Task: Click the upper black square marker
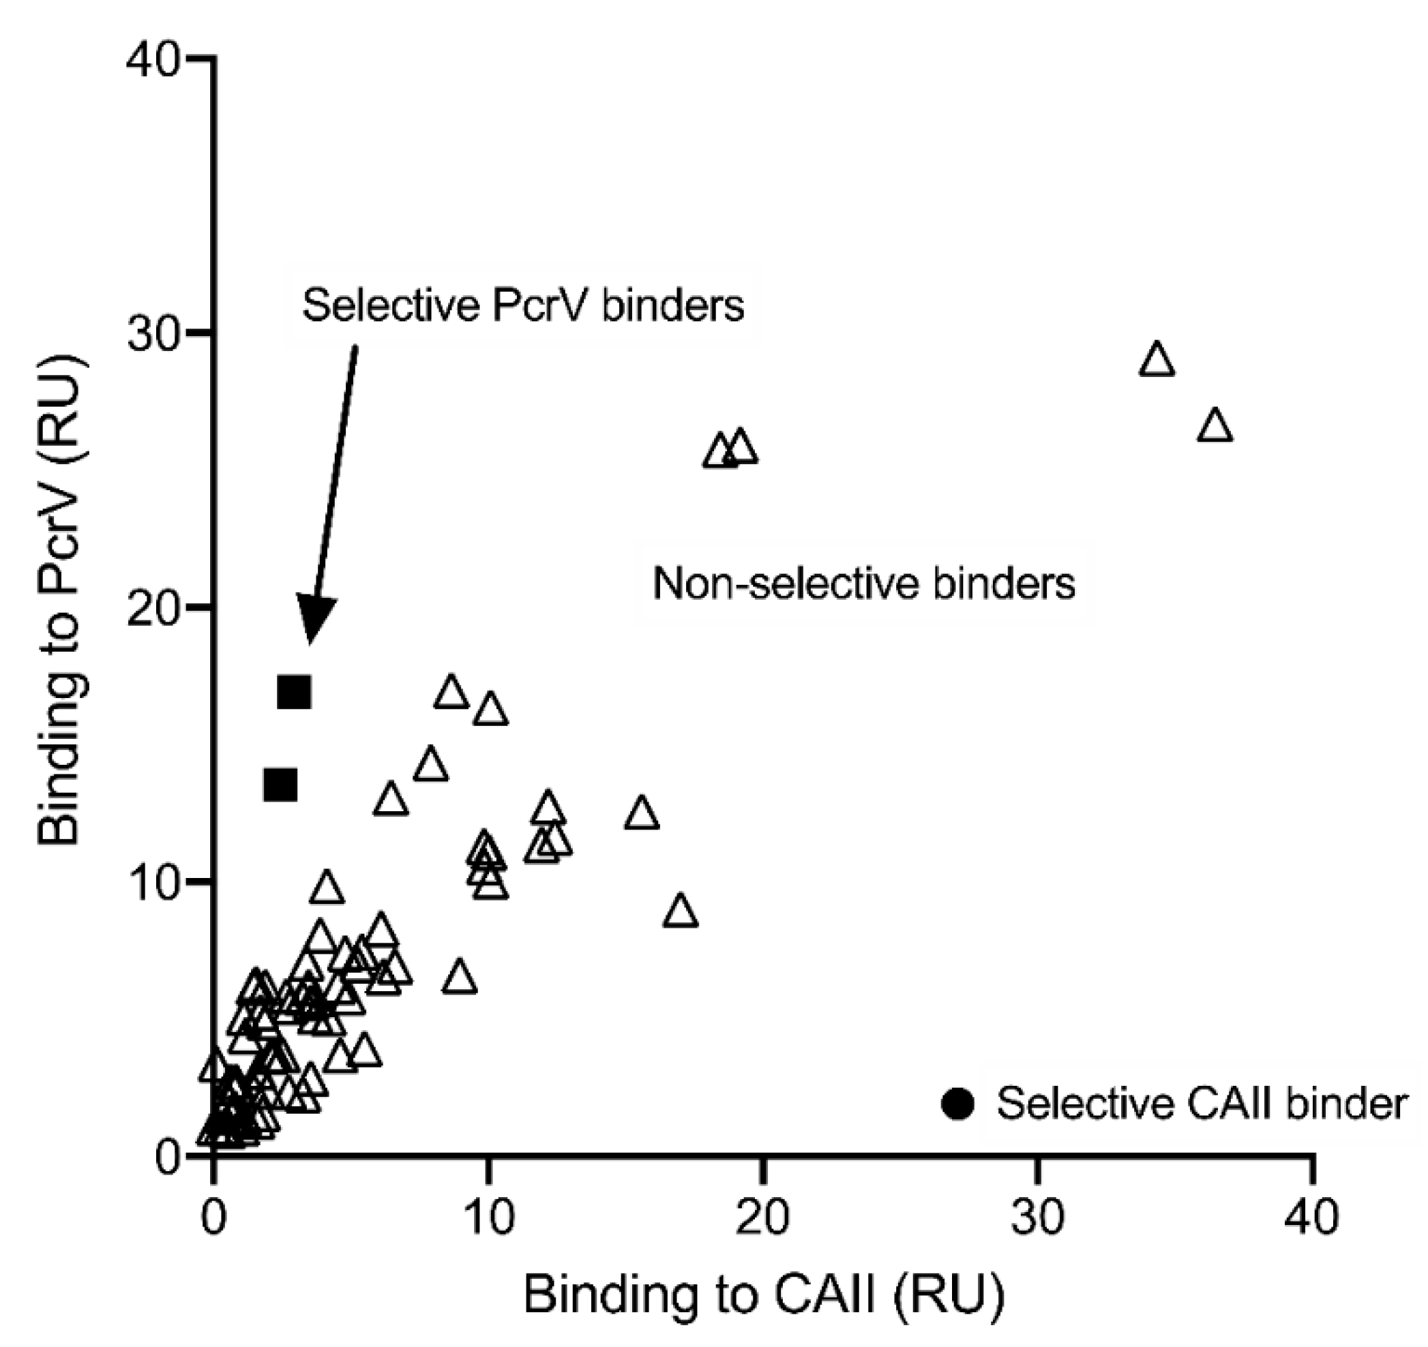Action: [295, 692]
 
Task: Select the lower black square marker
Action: [281, 785]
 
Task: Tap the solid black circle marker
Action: [957, 1104]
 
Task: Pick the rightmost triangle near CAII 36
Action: [1215, 427]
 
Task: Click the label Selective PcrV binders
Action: [523, 305]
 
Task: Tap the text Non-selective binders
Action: [864, 583]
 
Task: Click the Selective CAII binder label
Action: [1201, 1104]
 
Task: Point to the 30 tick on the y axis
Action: [203, 334]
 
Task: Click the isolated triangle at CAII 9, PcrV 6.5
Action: [460, 978]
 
